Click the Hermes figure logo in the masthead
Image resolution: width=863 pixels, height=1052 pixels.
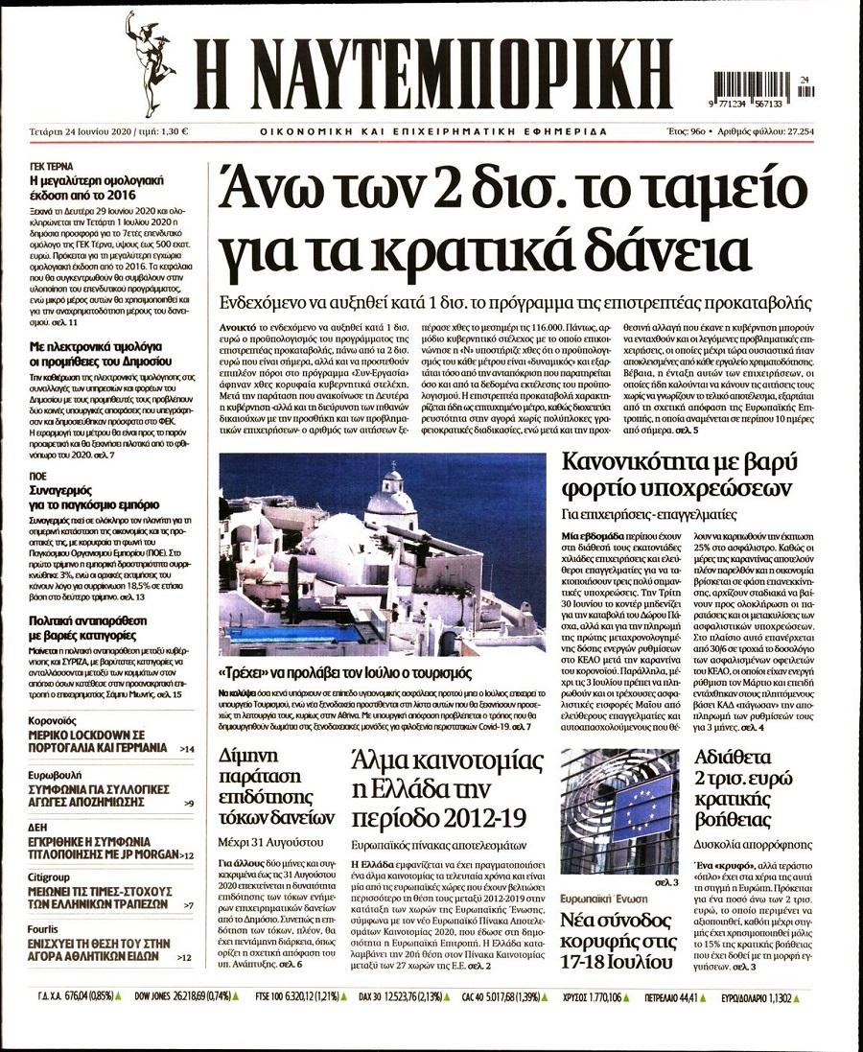[151, 64]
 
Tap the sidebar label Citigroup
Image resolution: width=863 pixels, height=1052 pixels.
[48, 877]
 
